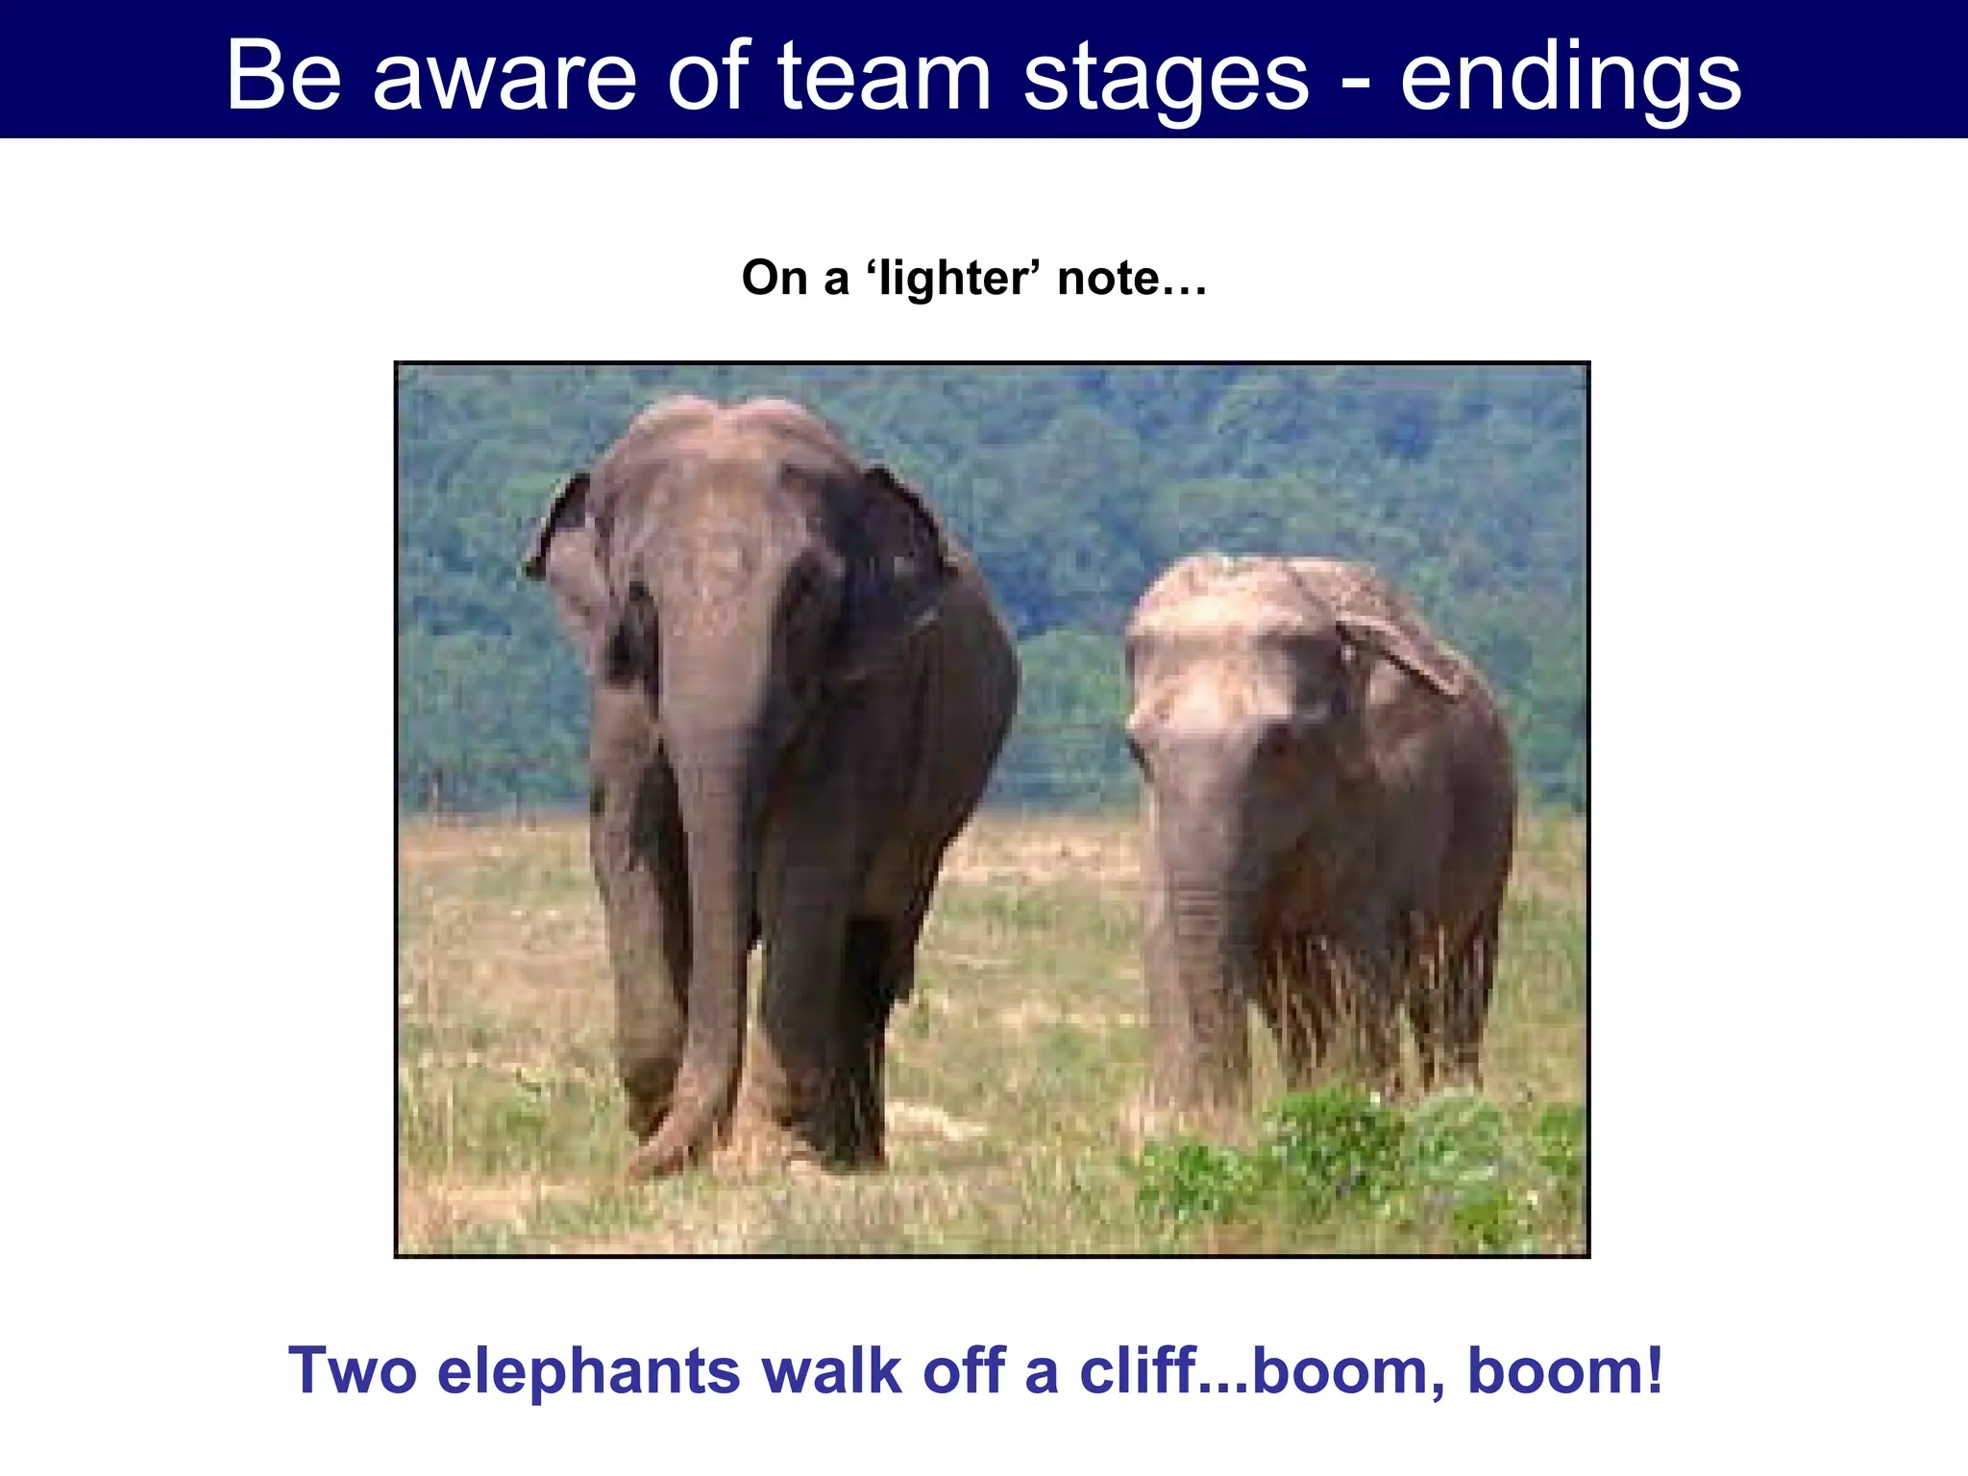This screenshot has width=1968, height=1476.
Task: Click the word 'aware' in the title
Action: pos(504,77)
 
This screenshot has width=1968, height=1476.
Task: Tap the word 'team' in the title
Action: pos(884,77)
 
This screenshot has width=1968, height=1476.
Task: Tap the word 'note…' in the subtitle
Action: pos(1131,279)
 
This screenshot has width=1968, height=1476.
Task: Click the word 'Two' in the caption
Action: pos(353,1370)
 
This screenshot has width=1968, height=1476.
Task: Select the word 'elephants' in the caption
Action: pos(589,1372)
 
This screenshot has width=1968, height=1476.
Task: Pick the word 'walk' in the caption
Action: pos(831,1370)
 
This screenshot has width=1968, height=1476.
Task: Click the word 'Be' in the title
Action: pos(284,77)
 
